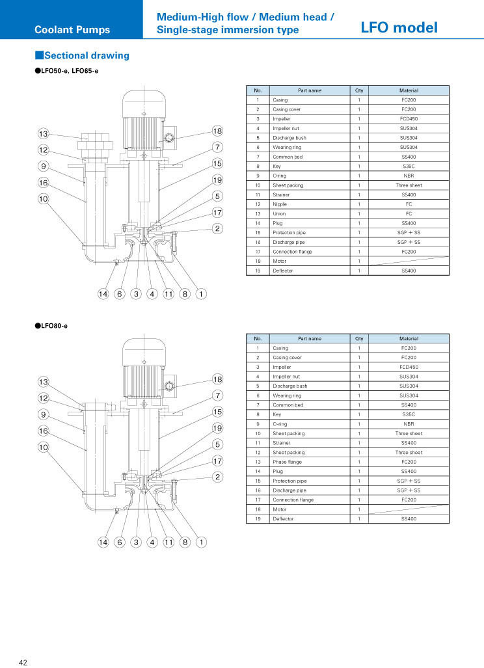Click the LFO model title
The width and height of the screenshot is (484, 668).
click(x=399, y=28)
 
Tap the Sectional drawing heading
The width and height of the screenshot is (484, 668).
click(x=82, y=55)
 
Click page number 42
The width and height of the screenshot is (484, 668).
click(x=23, y=662)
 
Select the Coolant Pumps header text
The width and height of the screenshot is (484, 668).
click(x=72, y=30)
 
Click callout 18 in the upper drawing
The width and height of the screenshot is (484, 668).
click(x=217, y=131)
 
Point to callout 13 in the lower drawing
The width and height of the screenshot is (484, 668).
click(x=44, y=382)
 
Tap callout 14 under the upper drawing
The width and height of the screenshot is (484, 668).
click(x=103, y=293)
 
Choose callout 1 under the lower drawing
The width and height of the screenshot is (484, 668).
click(x=201, y=542)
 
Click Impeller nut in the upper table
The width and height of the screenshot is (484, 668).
click(x=286, y=128)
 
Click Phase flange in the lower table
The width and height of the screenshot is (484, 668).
click(x=287, y=462)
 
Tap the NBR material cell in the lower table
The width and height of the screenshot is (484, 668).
click(x=409, y=424)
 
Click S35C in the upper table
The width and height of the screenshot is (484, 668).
click(x=409, y=166)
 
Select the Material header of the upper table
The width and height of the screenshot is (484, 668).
click(x=409, y=90)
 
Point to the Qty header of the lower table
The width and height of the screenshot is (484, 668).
click(x=359, y=339)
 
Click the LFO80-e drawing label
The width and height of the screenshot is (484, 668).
click(x=51, y=326)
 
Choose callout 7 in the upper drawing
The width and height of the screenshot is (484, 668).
click(x=217, y=147)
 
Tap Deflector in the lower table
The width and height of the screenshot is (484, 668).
click(x=283, y=519)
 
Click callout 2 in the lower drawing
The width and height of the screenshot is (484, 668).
click(x=217, y=477)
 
